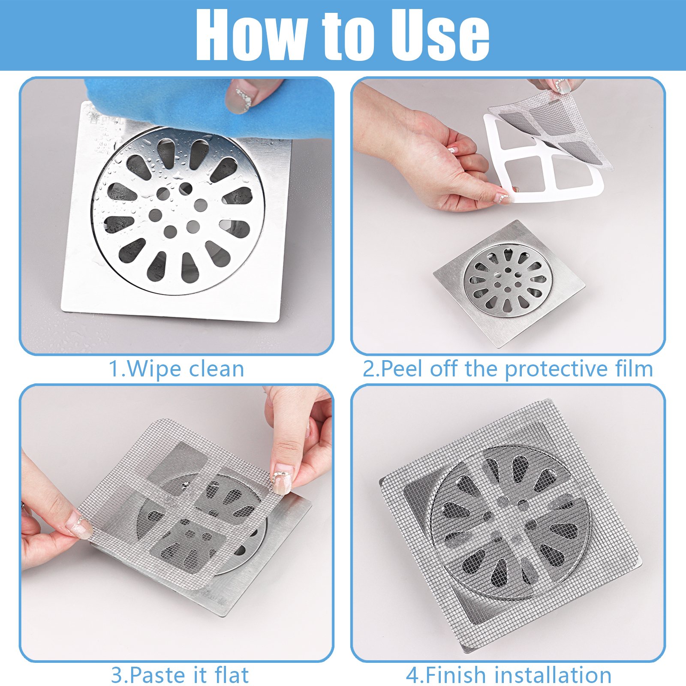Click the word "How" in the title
251,35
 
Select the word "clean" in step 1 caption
217,369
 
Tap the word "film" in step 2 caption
634,368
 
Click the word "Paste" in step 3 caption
156,675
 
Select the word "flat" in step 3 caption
232,675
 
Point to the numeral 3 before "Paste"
117,675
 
